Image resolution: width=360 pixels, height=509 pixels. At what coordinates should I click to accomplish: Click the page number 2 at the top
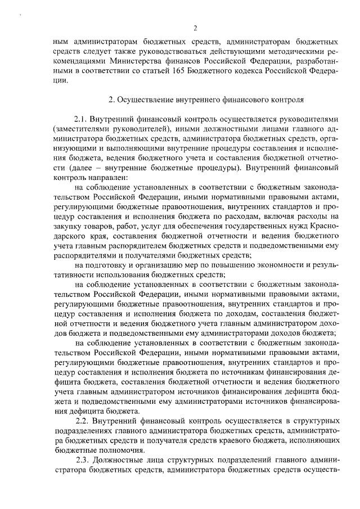(x=195, y=29)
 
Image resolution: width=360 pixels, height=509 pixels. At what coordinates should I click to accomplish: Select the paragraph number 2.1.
(x=82, y=120)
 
